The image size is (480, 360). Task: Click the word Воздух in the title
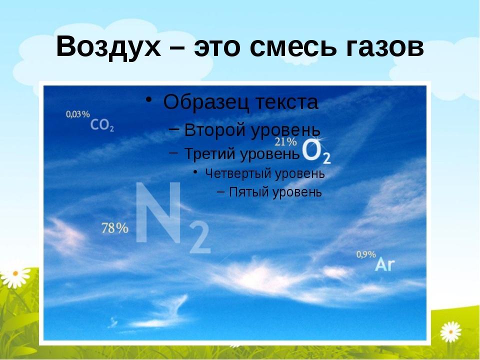[108, 47]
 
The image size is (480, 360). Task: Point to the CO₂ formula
[102, 125]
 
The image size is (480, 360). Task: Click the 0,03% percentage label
[78, 114]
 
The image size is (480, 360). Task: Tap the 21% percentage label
[285, 141]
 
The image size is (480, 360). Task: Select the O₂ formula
[316, 152]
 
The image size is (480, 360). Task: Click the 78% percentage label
[115, 228]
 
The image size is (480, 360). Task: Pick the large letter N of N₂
[158, 212]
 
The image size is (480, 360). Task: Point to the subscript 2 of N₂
[200, 238]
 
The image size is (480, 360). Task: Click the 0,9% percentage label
[366, 254]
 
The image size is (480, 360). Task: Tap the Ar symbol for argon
[385, 264]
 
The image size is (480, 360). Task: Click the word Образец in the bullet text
[205, 102]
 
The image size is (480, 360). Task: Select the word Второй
[215, 130]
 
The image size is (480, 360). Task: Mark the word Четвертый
[238, 173]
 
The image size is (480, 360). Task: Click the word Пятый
[249, 192]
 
